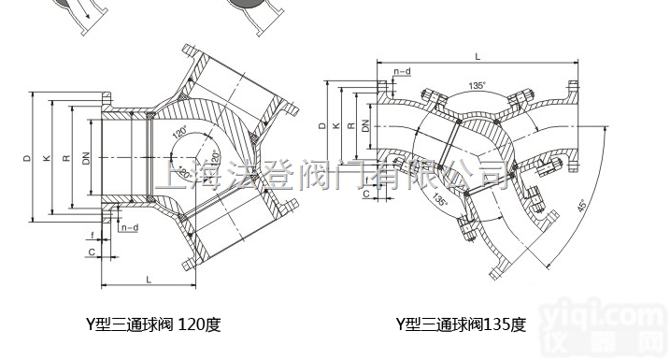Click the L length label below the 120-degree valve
tap(149, 278)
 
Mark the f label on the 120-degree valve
tap(93, 235)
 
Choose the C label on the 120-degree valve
tap(92, 252)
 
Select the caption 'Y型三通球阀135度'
tap(461, 325)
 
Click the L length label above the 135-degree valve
tap(478, 57)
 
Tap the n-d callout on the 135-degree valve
tap(402, 72)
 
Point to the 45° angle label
tap(581, 206)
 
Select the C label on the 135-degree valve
tap(365, 194)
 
